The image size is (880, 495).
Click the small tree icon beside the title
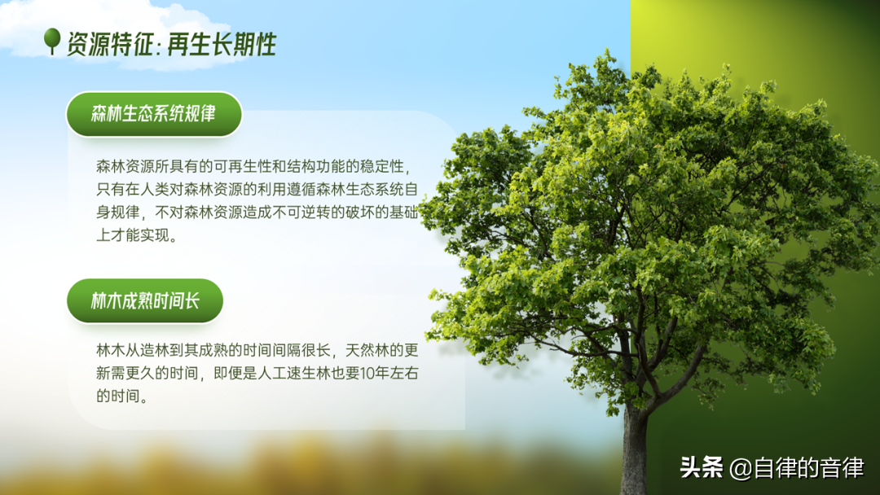click(x=52, y=41)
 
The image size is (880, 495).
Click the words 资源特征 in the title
click(x=110, y=44)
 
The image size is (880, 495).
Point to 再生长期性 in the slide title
click(x=222, y=44)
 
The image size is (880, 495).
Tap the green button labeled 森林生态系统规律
click(x=154, y=114)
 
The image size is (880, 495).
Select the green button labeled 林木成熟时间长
click(x=145, y=300)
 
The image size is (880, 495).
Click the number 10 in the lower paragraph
click(x=367, y=374)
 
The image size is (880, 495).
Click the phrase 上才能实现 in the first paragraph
click(x=133, y=235)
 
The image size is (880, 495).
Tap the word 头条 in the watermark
click(x=701, y=467)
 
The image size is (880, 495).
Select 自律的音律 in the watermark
click(x=809, y=467)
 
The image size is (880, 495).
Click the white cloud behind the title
click(x=112, y=31)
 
